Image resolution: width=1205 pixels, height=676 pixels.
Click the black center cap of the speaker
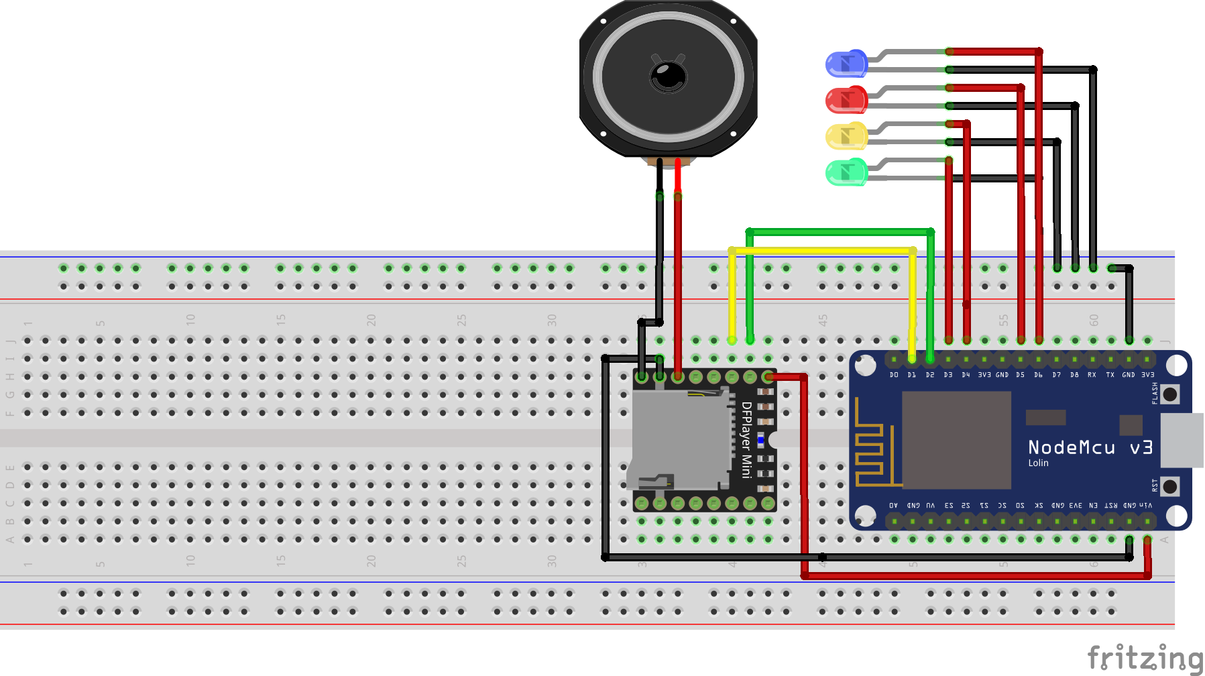(x=668, y=75)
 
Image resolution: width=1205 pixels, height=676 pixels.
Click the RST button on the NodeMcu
(x=1169, y=486)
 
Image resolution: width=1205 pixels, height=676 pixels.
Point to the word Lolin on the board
(x=1038, y=463)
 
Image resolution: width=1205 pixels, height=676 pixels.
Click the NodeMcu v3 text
(x=1090, y=447)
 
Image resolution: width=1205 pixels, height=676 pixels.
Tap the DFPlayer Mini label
(x=746, y=439)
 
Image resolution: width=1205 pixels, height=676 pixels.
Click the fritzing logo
(x=1144, y=658)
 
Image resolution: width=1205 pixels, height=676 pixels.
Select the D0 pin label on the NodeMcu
(x=894, y=375)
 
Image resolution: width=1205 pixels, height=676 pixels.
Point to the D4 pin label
(x=966, y=375)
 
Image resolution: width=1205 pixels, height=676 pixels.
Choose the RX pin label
(x=1092, y=375)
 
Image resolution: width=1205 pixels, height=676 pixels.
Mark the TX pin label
(x=1110, y=375)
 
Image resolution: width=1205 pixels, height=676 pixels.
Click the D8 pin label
(x=1074, y=375)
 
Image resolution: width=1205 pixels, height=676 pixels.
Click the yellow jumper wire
(x=822, y=251)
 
